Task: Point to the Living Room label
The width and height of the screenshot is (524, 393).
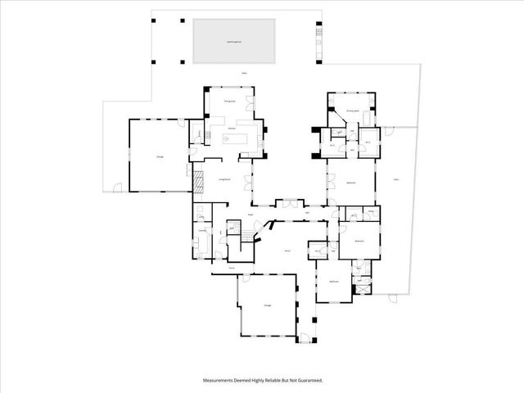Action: (x=224, y=180)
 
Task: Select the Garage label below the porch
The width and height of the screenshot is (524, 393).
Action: (x=267, y=305)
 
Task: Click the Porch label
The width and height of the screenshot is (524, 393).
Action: (x=232, y=268)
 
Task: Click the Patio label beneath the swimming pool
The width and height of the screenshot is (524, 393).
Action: (x=244, y=75)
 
